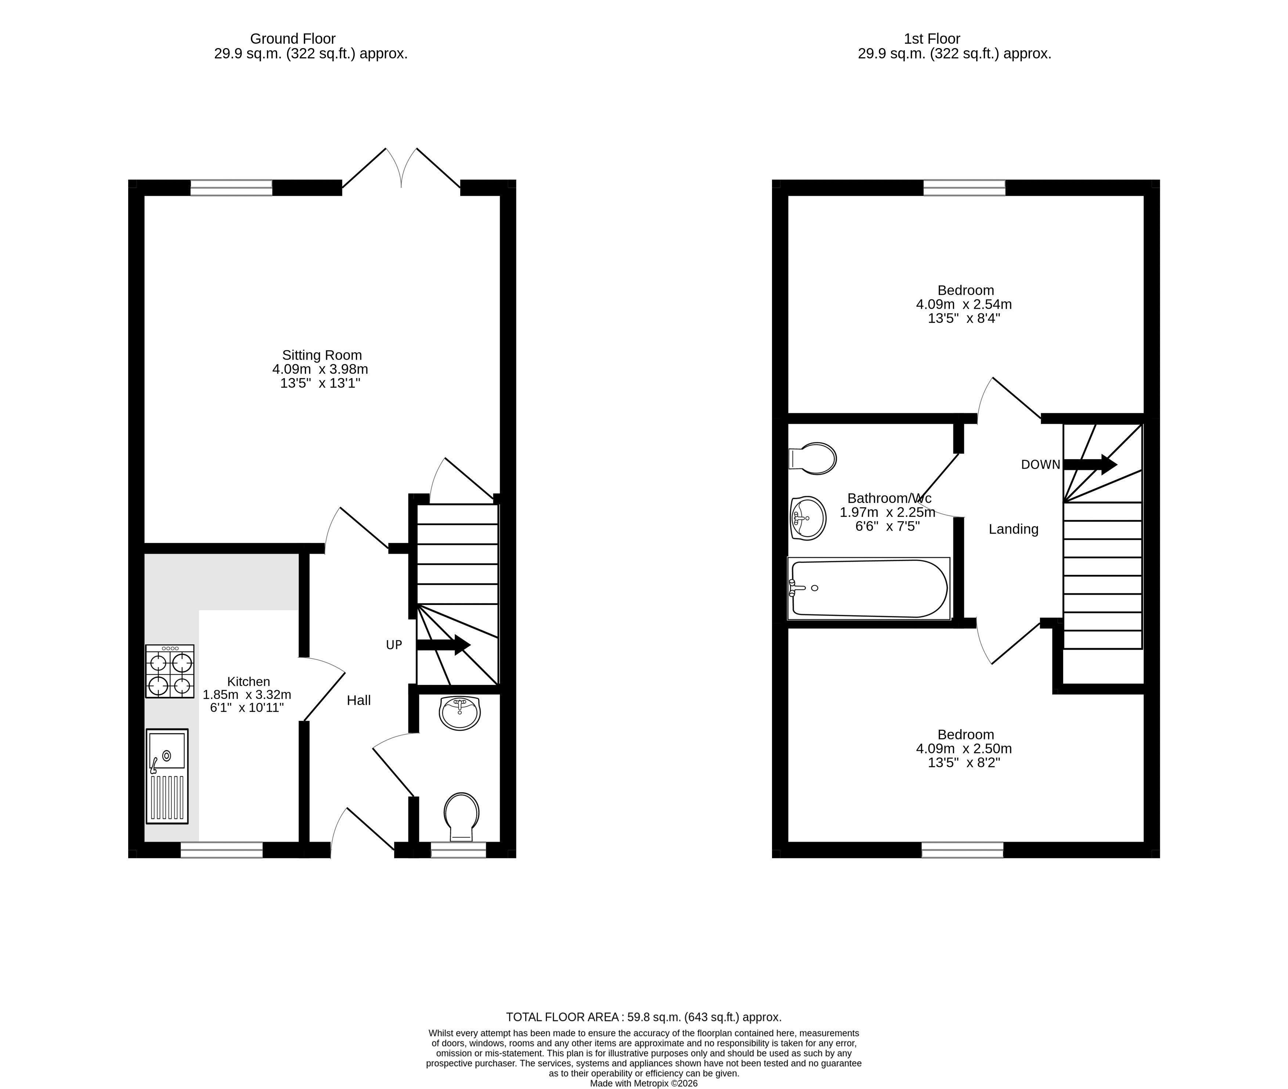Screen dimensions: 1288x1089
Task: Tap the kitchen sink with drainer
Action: tap(167, 776)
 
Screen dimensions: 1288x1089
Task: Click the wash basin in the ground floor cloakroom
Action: tap(460, 713)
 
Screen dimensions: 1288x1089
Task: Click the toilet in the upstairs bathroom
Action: tap(812, 458)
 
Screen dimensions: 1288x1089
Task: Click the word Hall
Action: tap(358, 700)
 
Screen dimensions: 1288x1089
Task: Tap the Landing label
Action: tap(1013, 529)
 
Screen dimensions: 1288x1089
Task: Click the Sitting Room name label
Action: tap(321, 355)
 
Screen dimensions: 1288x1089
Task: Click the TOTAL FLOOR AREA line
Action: tap(644, 1017)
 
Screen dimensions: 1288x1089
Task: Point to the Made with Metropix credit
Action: tap(644, 1083)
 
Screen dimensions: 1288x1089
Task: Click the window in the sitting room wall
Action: tap(231, 188)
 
